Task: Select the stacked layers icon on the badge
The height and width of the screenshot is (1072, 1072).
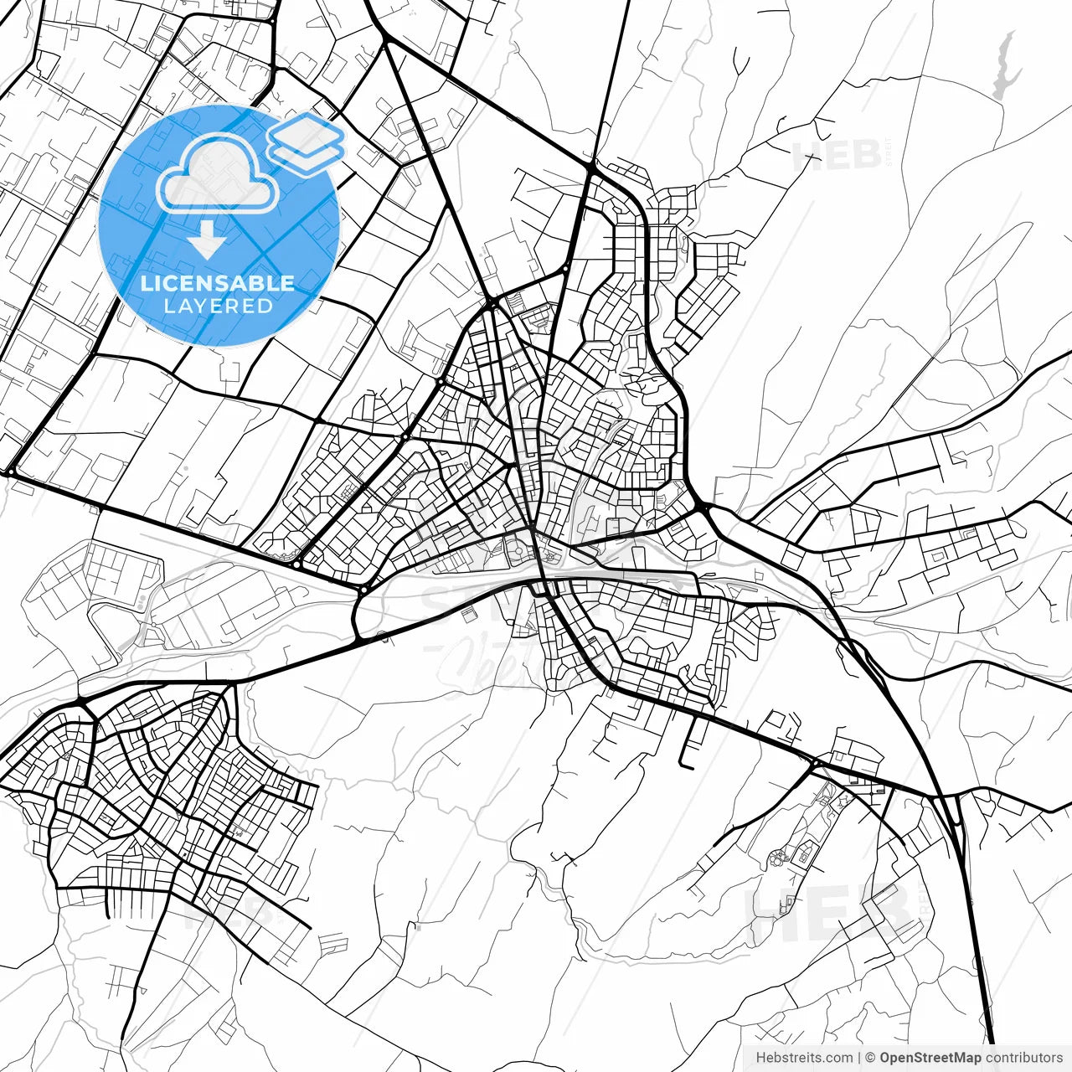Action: [x=306, y=142]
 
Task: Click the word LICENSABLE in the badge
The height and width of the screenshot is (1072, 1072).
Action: [x=218, y=283]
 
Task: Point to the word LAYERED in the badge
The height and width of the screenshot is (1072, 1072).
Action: [x=218, y=306]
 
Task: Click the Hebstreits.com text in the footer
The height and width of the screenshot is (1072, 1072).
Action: [x=804, y=1058]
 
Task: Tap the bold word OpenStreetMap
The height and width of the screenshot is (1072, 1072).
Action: [x=930, y=1058]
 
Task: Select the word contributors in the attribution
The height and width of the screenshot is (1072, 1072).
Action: [x=1023, y=1058]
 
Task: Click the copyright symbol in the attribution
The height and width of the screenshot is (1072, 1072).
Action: [x=870, y=1058]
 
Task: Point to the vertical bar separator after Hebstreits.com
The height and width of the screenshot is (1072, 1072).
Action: [x=860, y=1058]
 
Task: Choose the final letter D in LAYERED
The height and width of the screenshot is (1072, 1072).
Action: [x=265, y=306]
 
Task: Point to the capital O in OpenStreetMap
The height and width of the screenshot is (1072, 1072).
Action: [x=885, y=1058]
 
